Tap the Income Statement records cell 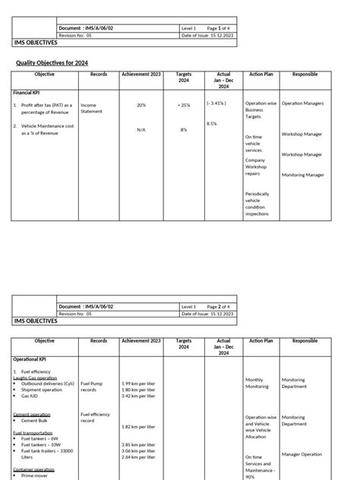[89, 109]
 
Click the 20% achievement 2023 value [141, 106]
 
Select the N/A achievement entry [141, 130]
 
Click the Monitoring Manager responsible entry [302, 175]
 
